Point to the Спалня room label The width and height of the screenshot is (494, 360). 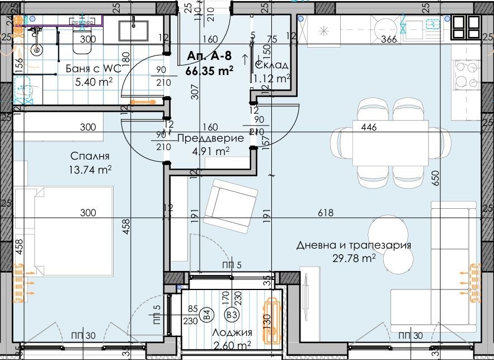point(90,157)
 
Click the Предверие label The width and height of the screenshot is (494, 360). point(210,138)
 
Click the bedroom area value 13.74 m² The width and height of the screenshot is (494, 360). point(91,169)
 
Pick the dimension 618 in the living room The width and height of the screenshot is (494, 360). point(325,213)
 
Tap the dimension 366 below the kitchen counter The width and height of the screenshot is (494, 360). point(389,39)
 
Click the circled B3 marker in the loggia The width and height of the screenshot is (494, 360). point(231,315)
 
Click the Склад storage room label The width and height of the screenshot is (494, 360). point(273,66)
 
